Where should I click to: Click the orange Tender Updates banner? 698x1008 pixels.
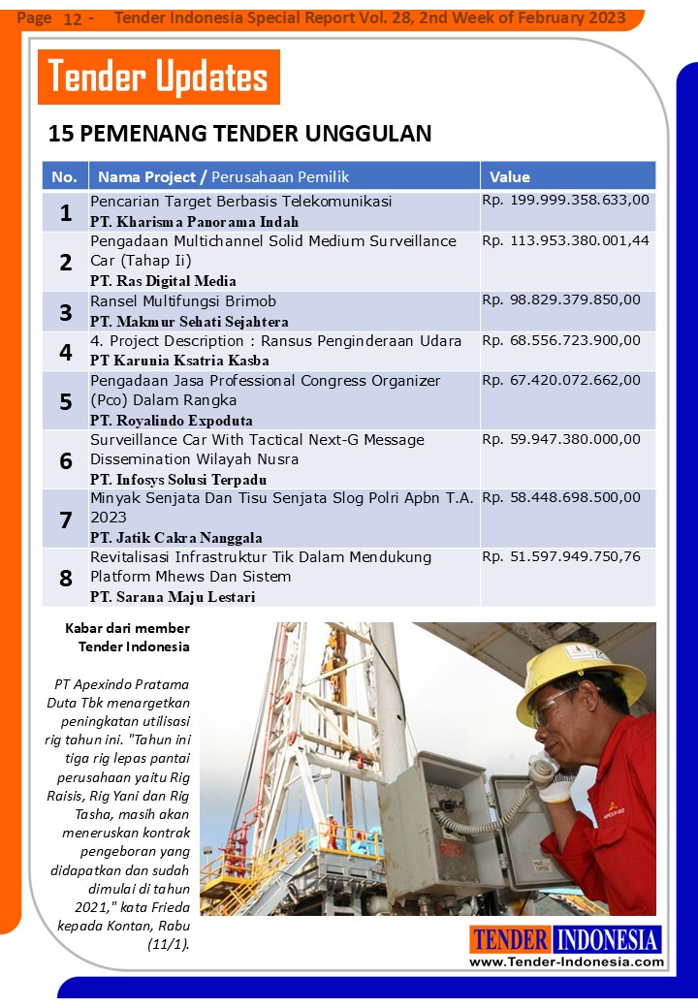click(x=158, y=77)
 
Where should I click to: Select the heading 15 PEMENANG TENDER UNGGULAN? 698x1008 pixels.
click(x=239, y=133)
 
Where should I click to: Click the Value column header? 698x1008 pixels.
click(x=510, y=176)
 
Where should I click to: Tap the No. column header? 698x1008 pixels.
click(x=64, y=176)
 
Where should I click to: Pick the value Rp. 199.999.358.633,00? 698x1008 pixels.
click(x=565, y=201)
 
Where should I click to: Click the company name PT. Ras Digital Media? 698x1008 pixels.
click(x=163, y=281)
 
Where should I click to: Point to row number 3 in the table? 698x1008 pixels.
click(x=66, y=312)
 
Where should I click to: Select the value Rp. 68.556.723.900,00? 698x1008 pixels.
click(x=561, y=340)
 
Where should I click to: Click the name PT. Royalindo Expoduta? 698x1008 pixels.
click(x=171, y=421)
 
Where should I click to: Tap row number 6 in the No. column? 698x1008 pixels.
click(x=66, y=460)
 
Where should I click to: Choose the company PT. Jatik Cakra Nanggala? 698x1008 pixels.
click(x=175, y=538)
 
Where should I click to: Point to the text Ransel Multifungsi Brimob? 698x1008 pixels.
click(x=183, y=301)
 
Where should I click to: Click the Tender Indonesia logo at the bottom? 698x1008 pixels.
click(x=566, y=939)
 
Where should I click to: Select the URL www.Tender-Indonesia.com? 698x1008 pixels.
click(x=566, y=961)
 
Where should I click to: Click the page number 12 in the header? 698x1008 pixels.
click(x=72, y=18)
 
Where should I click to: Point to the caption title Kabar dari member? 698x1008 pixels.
click(x=127, y=628)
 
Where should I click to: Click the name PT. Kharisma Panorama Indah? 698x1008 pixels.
click(x=194, y=221)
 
